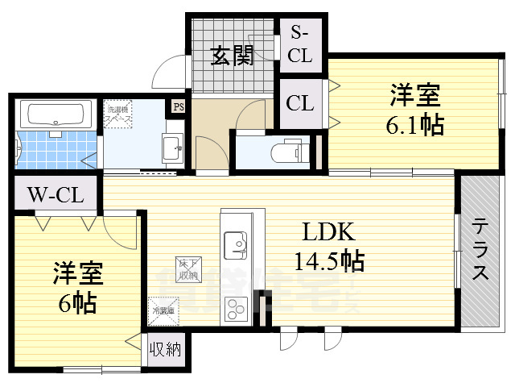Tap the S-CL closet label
(300, 44)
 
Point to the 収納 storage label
(166, 350)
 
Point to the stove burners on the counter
(236, 306)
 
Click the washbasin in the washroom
(171, 148)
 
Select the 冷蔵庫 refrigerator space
(161, 306)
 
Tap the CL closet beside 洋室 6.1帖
(300, 103)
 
